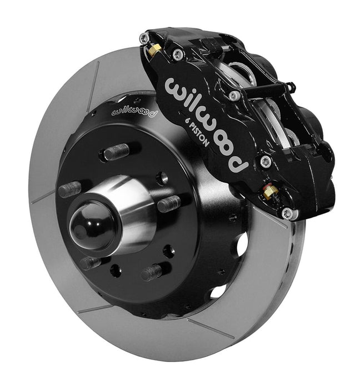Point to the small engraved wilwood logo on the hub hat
coord(134,110)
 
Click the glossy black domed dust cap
coord(91,224)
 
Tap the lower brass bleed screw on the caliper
coord(271,192)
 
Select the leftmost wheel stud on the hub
coord(70,189)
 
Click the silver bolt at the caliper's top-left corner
coord(144,38)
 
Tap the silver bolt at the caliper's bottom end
coord(287,213)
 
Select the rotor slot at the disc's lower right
coord(211,329)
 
